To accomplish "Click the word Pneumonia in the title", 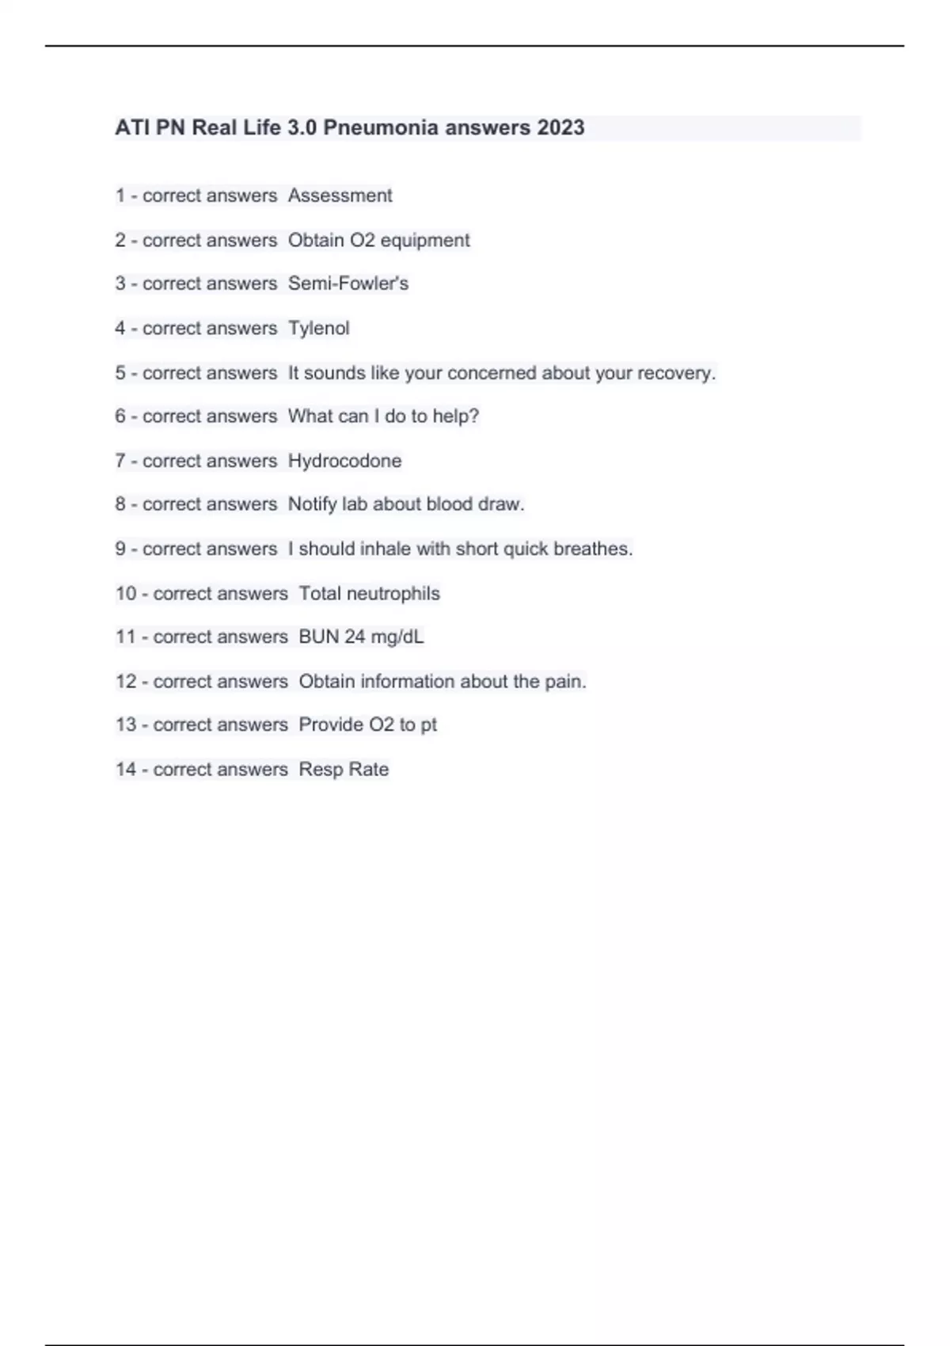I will click(x=381, y=127).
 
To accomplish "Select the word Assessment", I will click(x=340, y=196).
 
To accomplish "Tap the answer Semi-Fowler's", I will click(x=348, y=283).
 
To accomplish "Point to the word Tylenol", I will click(x=318, y=328).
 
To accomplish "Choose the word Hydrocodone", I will click(x=344, y=461).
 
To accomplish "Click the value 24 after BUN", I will click(x=355, y=637).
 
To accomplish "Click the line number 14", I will click(x=126, y=770).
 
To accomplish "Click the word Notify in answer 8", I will click(x=312, y=504).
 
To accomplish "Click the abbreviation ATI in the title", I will click(x=132, y=127).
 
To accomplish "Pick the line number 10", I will click(x=126, y=594).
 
